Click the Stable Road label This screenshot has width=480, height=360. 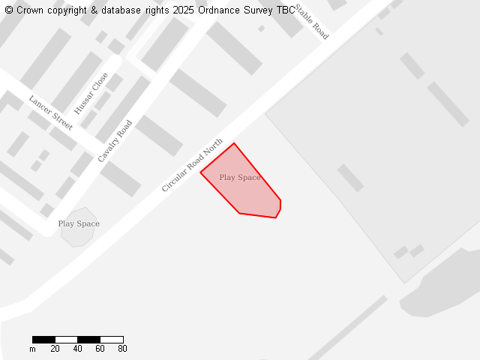[311, 22]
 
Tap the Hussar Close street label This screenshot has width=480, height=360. [91, 93]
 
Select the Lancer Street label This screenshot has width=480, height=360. [51, 112]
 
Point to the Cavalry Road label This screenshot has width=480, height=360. [115, 141]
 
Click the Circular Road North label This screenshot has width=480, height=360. [193, 165]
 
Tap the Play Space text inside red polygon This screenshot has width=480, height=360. [240, 178]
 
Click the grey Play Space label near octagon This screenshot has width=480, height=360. [79, 223]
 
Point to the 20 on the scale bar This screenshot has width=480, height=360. [55, 349]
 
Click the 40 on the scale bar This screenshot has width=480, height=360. [77, 349]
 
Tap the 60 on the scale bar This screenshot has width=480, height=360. [100, 349]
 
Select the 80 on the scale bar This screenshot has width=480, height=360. [122, 349]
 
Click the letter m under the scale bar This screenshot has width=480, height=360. [32, 349]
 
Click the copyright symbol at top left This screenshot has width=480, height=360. [9, 10]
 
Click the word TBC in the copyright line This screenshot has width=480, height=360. [286, 10]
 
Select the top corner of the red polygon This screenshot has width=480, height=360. [234, 143]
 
